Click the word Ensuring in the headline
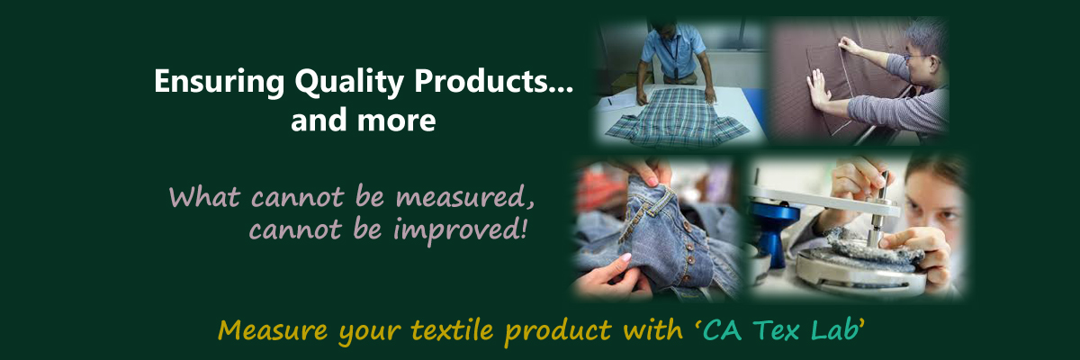[x=220, y=82]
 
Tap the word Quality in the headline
[x=349, y=82]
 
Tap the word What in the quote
[x=204, y=196]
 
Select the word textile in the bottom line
[x=452, y=330]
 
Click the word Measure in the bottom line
[x=273, y=330]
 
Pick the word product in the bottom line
[x=558, y=331]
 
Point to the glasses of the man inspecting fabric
[x=915, y=58]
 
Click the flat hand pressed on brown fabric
[x=818, y=89]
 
